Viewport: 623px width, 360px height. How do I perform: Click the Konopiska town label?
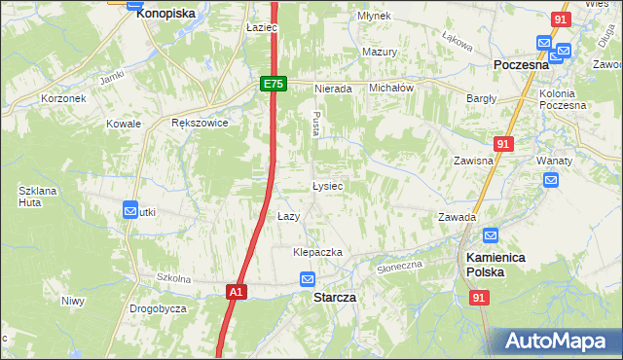point(165,14)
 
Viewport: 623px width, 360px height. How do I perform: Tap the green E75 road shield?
point(273,85)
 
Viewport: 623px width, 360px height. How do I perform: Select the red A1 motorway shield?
point(236,291)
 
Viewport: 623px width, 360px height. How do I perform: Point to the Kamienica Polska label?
point(509,264)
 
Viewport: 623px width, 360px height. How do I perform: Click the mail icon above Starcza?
point(308,279)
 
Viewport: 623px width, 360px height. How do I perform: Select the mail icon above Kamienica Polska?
point(491,235)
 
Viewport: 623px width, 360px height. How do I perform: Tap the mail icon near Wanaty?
point(551,180)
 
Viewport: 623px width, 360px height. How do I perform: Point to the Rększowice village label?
point(200,124)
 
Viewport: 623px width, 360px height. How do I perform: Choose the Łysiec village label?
point(326,185)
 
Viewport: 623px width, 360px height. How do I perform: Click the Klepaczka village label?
point(318,252)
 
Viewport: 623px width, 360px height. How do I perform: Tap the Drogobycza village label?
point(158,308)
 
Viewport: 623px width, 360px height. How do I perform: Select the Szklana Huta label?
point(38,197)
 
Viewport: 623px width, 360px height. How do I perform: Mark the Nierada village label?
point(332,88)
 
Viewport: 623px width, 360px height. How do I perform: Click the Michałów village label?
point(392,87)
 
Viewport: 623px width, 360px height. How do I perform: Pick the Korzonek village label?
point(64,98)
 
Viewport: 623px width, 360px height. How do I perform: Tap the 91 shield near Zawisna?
point(502,144)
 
